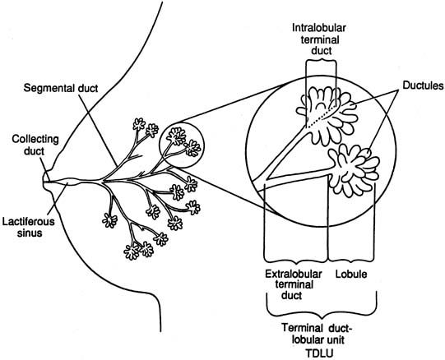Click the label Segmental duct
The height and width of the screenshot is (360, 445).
coord(60,88)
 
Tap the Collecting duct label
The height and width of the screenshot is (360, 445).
coord(35,145)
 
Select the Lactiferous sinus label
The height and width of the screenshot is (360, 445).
coord(29,227)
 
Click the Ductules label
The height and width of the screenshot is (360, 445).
coord(423,85)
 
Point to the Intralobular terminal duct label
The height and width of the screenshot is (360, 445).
coord(319,39)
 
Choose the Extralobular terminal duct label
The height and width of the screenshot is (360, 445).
coord(293,284)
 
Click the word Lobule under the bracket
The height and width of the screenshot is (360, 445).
coord(351,274)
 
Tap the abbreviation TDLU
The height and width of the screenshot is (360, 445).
coord(319,353)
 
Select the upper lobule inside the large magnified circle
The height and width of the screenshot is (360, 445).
coord(329,113)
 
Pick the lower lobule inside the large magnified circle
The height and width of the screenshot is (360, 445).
coord(354,170)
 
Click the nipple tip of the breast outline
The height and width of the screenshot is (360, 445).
coord(43,181)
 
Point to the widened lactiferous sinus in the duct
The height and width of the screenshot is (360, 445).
coord(69,182)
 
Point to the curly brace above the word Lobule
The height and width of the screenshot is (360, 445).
coord(352,259)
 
